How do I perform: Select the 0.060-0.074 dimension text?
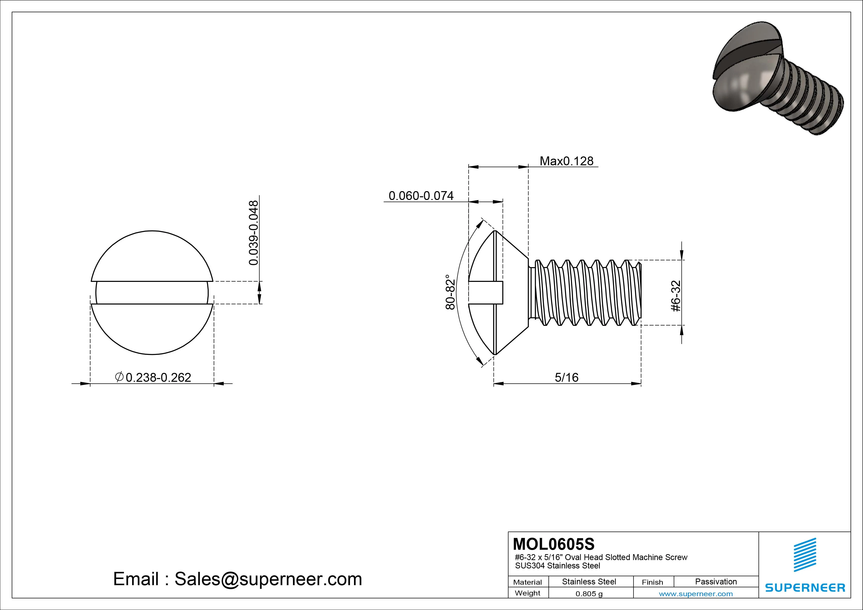(x=421, y=196)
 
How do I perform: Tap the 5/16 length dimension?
(x=567, y=377)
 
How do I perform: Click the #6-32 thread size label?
(x=676, y=296)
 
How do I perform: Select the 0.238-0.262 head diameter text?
(x=158, y=377)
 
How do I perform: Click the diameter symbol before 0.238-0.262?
(x=119, y=377)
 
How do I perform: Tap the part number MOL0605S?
(x=554, y=544)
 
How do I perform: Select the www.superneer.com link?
(x=695, y=594)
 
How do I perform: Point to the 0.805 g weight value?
(x=589, y=594)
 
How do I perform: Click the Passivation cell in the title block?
(x=716, y=581)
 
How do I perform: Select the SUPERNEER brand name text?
(x=805, y=587)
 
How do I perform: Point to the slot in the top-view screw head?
(x=152, y=292)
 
